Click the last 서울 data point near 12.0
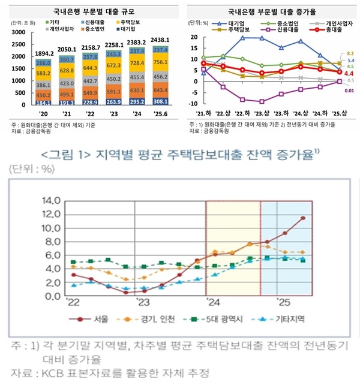point(303,218)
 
